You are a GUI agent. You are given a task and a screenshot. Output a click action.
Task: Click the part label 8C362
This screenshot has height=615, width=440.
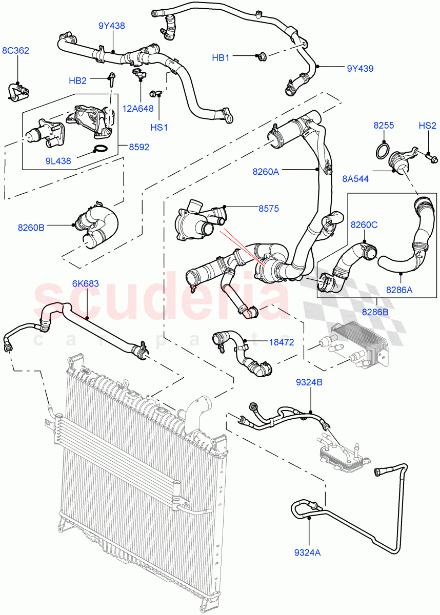[15, 51]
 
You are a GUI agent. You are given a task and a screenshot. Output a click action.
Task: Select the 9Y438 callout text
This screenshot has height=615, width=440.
[112, 26]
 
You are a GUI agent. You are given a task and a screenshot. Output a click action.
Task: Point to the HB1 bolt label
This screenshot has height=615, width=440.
[221, 58]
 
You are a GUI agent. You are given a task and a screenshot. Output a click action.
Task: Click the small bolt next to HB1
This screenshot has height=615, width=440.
[259, 56]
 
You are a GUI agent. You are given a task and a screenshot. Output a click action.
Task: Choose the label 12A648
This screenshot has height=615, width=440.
[141, 109]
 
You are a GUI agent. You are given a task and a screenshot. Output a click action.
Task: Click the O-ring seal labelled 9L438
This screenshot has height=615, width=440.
[101, 150]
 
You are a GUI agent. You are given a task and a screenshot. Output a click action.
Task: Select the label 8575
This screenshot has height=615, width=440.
[269, 209]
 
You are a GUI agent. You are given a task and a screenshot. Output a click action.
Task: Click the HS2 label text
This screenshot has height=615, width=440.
[427, 126]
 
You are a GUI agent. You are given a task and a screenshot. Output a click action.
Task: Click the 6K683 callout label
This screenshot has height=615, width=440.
[86, 283]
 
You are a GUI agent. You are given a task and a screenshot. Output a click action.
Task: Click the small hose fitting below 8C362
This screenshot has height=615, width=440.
[18, 92]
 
